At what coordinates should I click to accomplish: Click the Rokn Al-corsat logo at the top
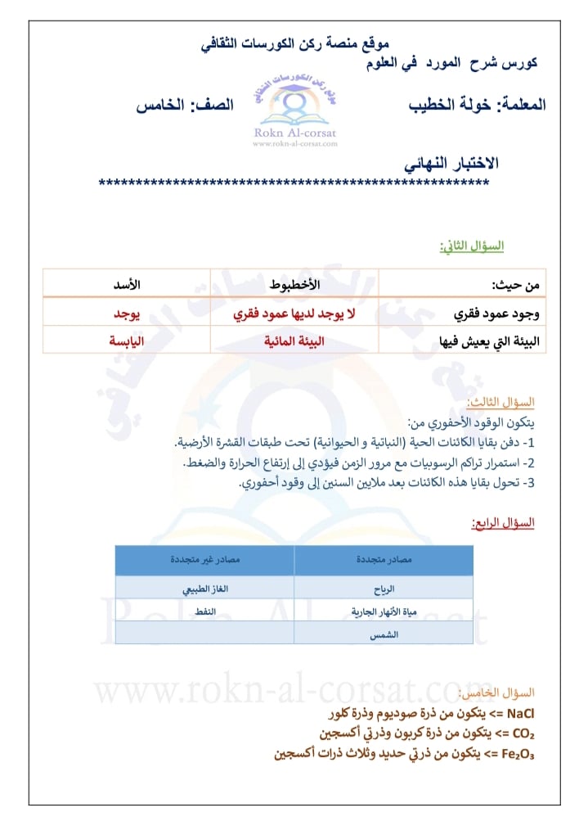point(294,107)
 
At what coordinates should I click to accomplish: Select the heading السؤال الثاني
point(472,246)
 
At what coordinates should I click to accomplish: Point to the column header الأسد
point(127,285)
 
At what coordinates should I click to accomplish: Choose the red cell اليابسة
point(127,341)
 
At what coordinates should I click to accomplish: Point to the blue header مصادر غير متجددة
point(204,561)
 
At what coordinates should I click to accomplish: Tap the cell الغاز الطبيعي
point(204,589)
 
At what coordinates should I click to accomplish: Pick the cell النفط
point(204,611)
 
